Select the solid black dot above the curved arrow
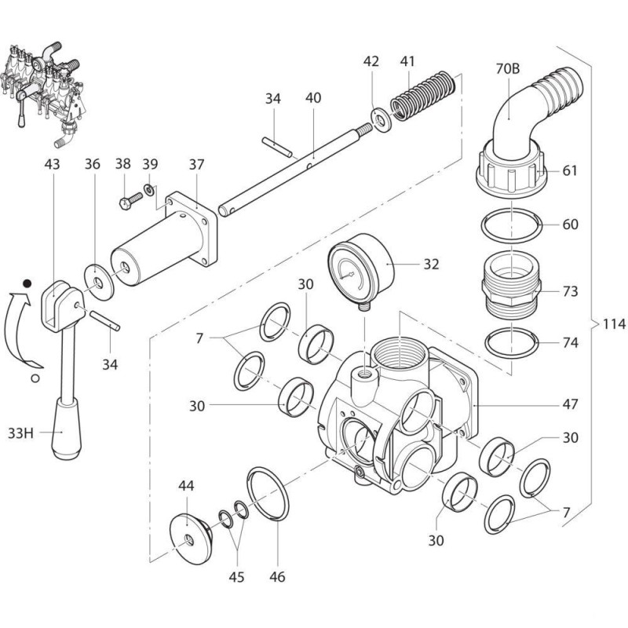27,283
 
